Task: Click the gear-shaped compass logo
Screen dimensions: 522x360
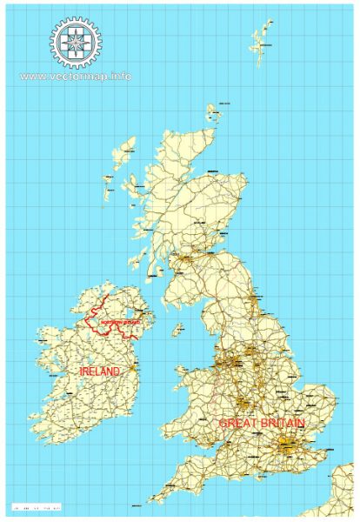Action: click(x=76, y=41)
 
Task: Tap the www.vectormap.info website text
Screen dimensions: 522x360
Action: click(x=76, y=76)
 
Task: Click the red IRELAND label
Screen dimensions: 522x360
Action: click(x=99, y=371)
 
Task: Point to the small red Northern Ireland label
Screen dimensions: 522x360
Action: click(x=120, y=323)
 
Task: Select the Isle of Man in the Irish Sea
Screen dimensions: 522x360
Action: click(x=177, y=330)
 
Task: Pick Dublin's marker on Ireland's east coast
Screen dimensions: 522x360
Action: click(x=132, y=368)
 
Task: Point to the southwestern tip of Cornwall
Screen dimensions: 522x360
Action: click(x=150, y=501)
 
